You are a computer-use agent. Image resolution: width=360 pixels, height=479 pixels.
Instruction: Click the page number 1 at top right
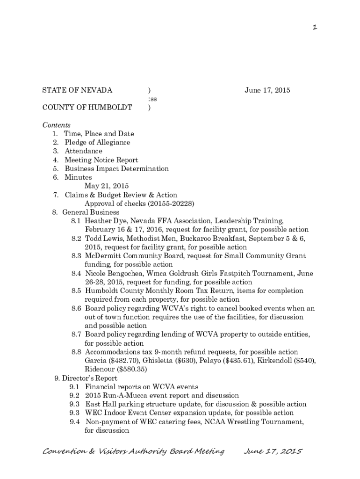pos(315,28)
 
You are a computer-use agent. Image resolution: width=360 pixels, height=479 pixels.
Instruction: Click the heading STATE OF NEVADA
pos(77,90)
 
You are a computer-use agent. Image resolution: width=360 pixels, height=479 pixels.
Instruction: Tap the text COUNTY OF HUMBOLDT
pos(87,108)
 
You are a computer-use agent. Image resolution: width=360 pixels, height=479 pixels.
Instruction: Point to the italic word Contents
pos(57,125)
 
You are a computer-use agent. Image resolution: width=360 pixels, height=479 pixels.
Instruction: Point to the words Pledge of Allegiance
pos(97,142)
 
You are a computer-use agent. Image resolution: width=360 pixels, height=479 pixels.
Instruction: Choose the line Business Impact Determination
pos(116,168)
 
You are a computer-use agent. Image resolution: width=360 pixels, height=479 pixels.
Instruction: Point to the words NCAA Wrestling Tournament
pos(253,422)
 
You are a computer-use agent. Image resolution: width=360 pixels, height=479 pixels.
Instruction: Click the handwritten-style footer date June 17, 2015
pos(274,451)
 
